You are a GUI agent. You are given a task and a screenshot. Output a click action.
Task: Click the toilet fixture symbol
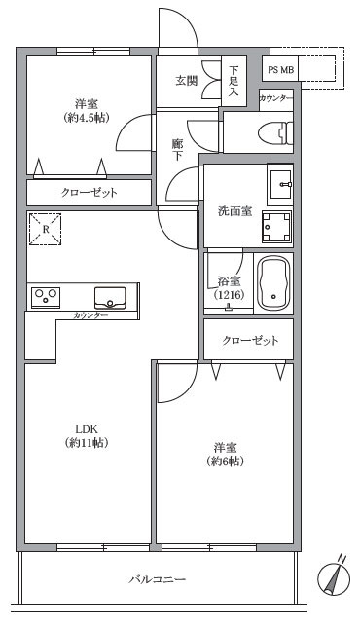pyautogui.click(x=275, y=132)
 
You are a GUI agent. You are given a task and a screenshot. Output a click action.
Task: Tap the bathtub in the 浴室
pyautogui.click(x=273, y=283)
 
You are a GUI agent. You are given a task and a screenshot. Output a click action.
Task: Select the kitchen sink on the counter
pyautogui.click(x=110, y=298)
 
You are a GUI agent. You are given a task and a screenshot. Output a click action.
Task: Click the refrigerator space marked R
pyautogui.click(x=46, y=229)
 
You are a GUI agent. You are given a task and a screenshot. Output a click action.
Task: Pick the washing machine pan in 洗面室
pyautogui.click(x=276, y=227)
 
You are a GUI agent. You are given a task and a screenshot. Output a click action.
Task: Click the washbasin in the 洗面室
pyautogui.click(x=280, y=185)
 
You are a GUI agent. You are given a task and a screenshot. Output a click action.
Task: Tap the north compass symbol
pyautogui.click(x=334, y=576)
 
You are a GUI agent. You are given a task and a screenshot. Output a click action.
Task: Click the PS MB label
pyautogui.click(x=280, y=70)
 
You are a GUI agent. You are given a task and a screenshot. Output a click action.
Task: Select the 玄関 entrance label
pyautogui.click(x=187, y=81)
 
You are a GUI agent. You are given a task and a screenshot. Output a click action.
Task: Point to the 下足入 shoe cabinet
pyautogui.click(x=234, y=81)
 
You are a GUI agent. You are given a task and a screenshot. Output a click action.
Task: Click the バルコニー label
pyautogui.click(x=158, y=579)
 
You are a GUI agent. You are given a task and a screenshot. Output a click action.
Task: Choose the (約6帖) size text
pyautogui.click(x=226, y=462)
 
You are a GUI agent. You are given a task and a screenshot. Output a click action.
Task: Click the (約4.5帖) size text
pyautogui.click(x=87, y=118)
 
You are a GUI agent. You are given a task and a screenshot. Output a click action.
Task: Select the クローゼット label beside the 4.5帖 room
pyautogui.click(x=89, y=193)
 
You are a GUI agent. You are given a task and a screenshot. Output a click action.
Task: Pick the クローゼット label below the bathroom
pyautogui.click(x=250, y=341)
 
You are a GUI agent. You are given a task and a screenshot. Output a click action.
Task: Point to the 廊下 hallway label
pyautogui.click(x=177, y=150)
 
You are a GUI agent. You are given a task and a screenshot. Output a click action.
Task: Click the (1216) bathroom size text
pyautogui.click(x=229, y=296)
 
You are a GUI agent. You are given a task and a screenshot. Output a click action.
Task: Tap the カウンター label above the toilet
pyautogui.click(x=276, y=98)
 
